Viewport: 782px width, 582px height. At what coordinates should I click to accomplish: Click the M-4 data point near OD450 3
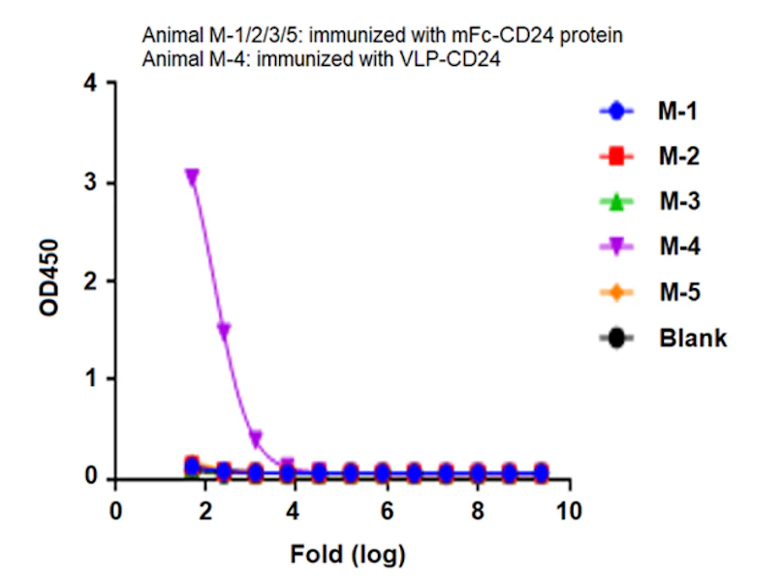point(192,177)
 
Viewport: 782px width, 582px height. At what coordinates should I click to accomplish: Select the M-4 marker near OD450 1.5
point(224,331)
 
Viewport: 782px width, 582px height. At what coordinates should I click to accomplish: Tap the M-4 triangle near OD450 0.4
point(256,438)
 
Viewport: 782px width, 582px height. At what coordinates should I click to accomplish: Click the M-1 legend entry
point(678,112)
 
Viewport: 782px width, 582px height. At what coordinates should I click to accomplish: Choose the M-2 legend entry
point(678,156)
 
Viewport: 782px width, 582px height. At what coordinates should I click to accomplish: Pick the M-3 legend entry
point(678,202)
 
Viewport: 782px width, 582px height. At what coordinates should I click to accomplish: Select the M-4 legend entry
point(678,247)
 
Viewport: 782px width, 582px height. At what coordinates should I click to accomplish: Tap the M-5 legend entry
point(678,292)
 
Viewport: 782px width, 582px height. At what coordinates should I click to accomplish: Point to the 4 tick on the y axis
point(90,84)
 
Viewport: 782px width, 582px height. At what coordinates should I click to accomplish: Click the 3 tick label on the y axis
point(90,183)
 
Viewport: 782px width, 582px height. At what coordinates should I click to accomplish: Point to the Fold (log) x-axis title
point(347,555)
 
